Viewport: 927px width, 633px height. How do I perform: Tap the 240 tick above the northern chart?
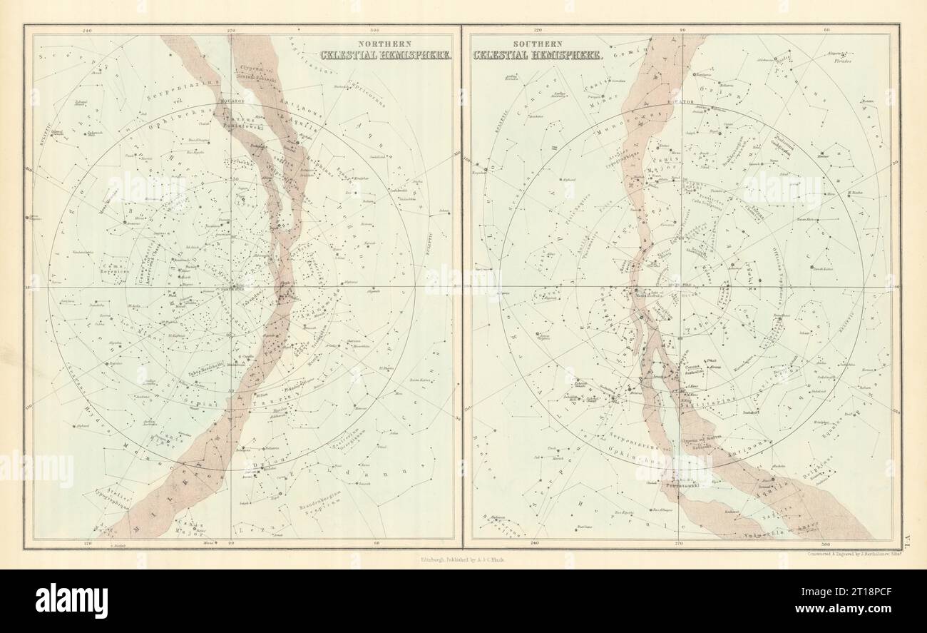(x=88, y=31)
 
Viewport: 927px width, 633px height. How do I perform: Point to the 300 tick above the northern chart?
(x=375, y=31)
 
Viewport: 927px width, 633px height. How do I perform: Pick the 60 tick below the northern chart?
(x=376, y=544)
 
